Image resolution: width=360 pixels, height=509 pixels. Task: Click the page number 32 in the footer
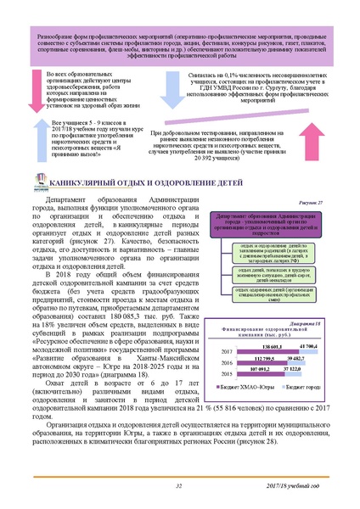click(179, 486)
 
